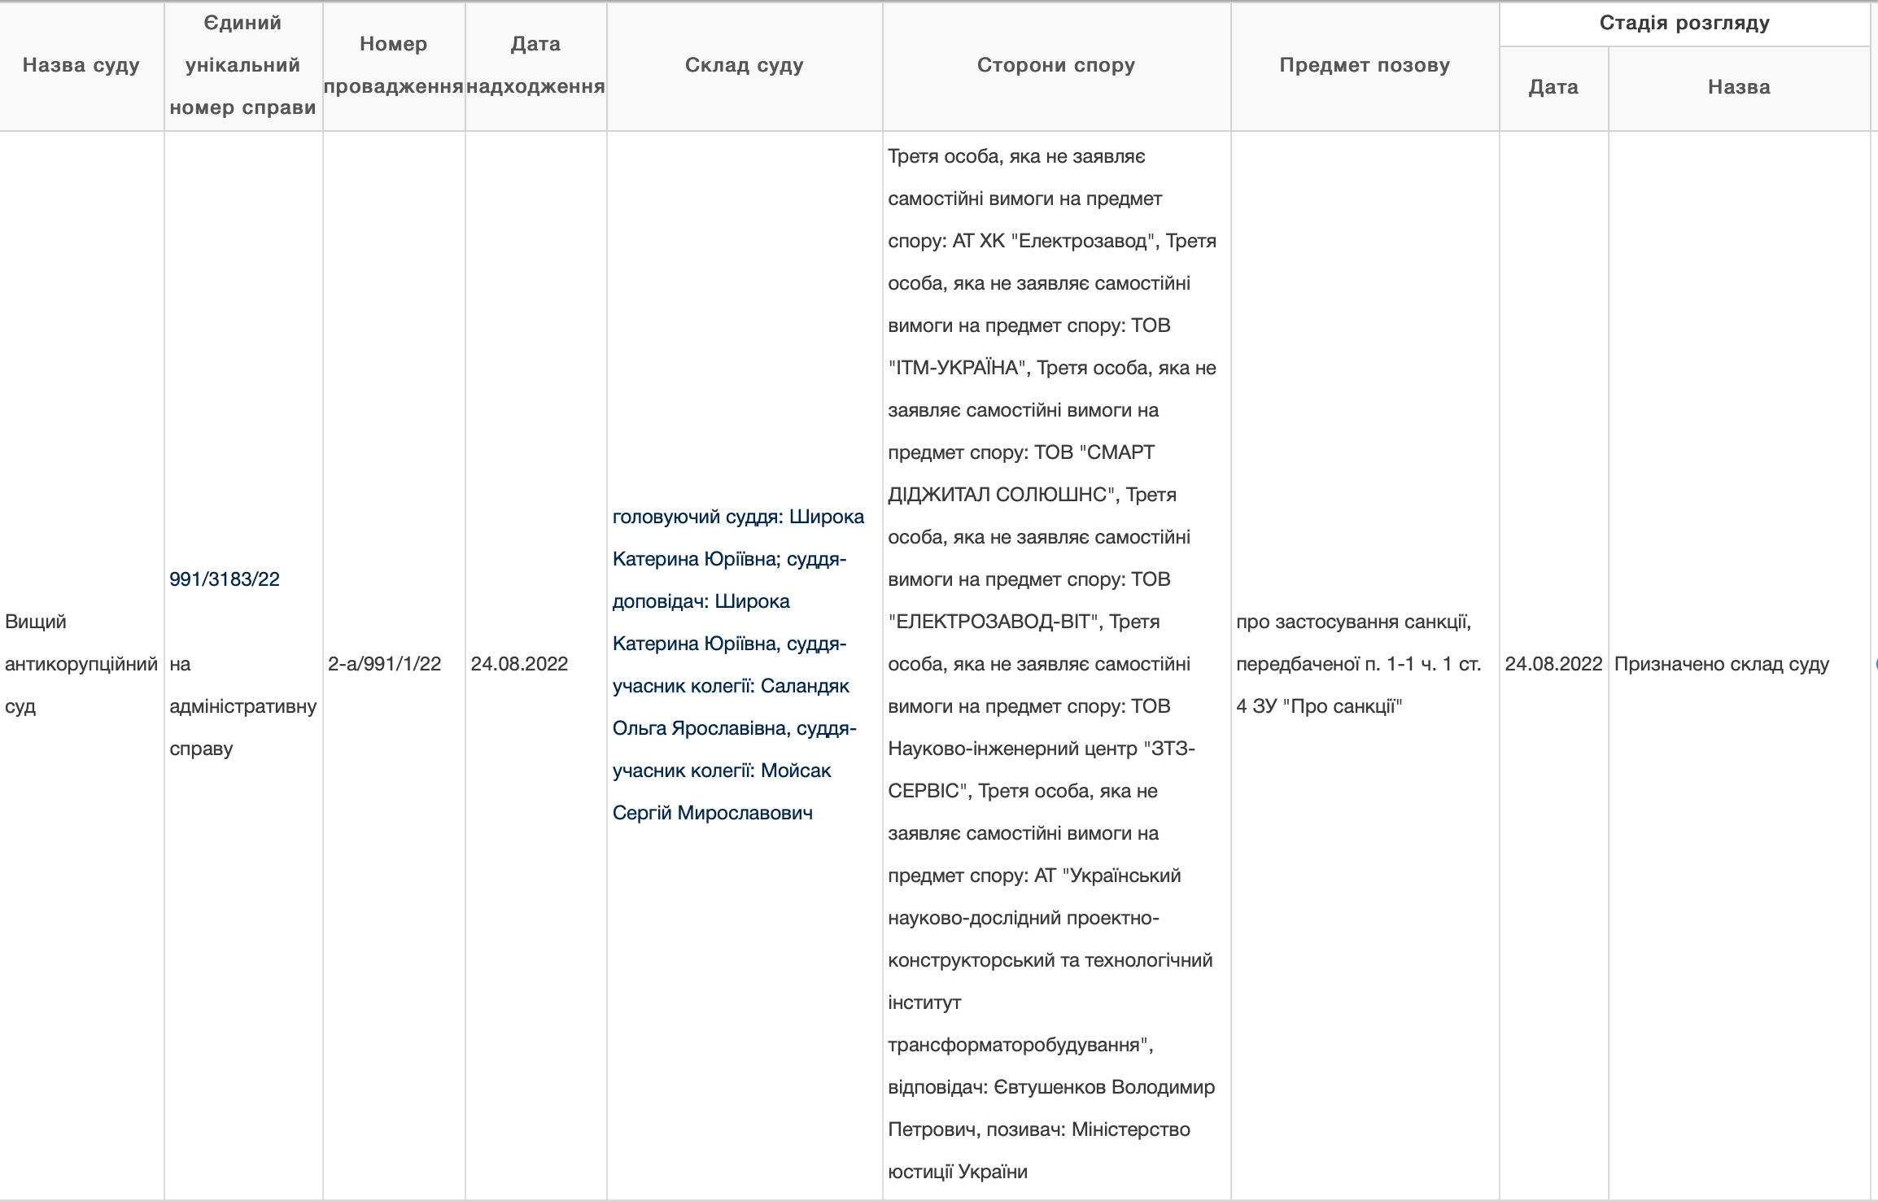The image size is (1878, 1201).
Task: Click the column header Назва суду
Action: (x=81, y=65)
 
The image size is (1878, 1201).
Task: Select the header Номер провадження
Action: (x=394, y=65)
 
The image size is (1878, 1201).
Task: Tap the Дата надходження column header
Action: (x=535, y=65)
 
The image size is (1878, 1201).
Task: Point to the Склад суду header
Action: (x=745, y=65)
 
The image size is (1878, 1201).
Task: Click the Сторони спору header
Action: (x=1056, y=65)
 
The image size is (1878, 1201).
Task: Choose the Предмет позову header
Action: (x=1365, y=65)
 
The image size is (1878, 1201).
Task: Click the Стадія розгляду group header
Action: (x=1684, y=23)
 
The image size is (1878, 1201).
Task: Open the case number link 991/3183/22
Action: (x=225, y=579)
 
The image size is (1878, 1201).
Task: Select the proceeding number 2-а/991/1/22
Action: (x=384, y=664)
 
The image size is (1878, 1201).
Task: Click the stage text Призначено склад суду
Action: (x=1722, y=664)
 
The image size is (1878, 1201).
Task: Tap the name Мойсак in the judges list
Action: (x=796, y=771)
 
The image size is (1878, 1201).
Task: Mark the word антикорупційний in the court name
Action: (x=81, y=664)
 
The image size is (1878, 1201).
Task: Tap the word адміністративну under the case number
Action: (x=242, y=706)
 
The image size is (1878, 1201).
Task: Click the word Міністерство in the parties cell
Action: (x=1131, y=1129)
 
